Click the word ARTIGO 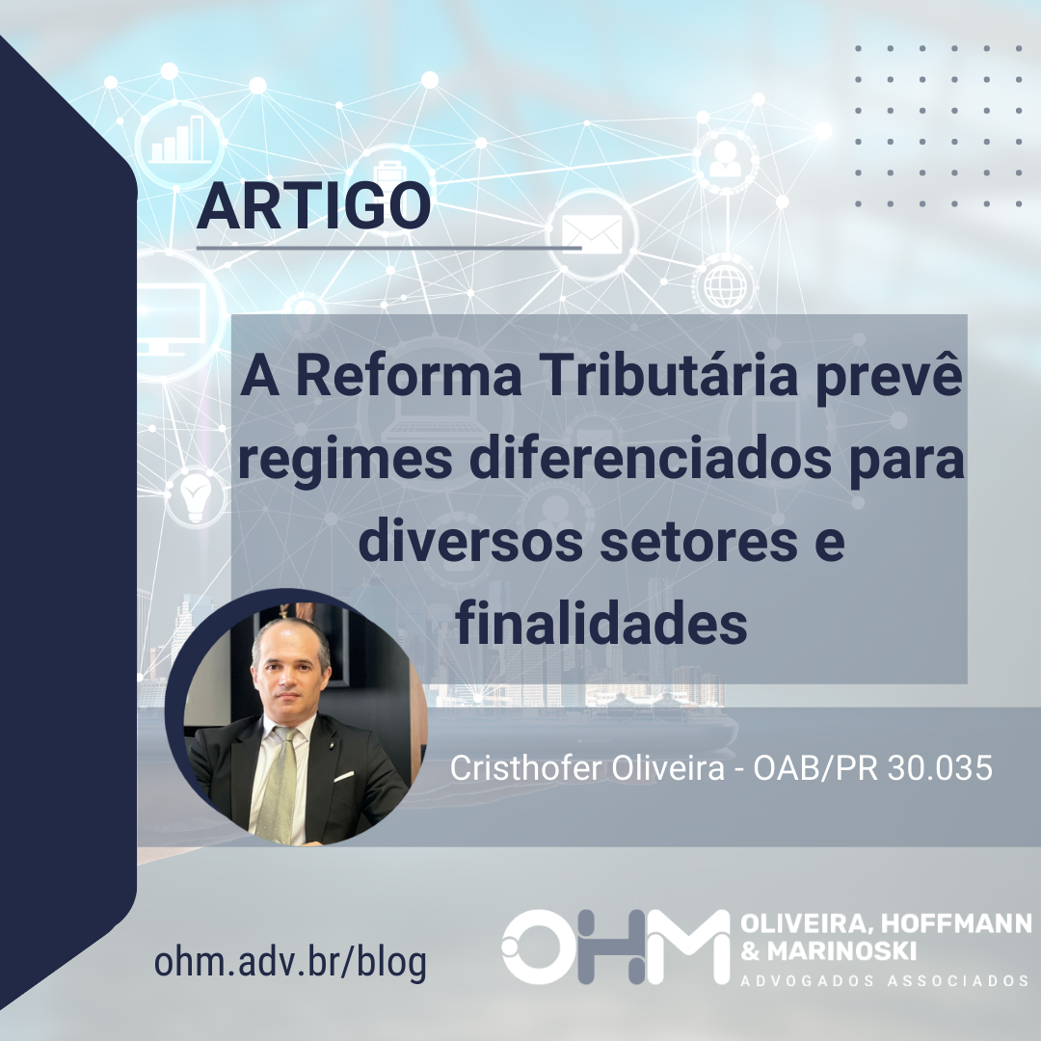[x=313, y=206]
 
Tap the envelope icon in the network [x=592, y=233]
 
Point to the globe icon [x=724, y=286]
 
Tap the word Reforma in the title [x=409, y=376]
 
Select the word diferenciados [x=651, y=458]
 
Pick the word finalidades [x=601, y=624]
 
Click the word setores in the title [x=699, y=542]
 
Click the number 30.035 [x=940, y=768]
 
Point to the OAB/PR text [x=815, y=768]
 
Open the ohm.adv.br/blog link [x=290, y=961]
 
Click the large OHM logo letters [x=615, y=947]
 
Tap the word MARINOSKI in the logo [x=841, y=951]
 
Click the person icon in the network [x=725, y=159]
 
